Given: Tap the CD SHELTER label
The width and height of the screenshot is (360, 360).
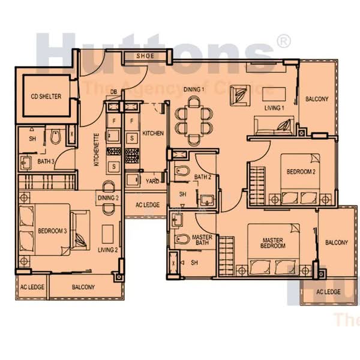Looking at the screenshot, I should [46, 97].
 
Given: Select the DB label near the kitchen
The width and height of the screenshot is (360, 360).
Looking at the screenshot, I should [113, 92].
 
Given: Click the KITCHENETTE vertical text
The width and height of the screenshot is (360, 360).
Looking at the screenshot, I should [96, 149].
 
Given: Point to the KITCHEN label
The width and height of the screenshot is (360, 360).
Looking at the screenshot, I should [153, 133].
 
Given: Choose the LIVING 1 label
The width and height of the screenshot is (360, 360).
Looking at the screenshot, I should [274, 108].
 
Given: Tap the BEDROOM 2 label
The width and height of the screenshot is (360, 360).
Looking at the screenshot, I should [301, 172].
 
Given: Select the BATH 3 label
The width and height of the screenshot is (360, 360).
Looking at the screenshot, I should [46, 161].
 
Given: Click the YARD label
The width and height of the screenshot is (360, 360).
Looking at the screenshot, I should [152, 180].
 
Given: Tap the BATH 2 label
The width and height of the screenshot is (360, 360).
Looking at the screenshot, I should [203, 177].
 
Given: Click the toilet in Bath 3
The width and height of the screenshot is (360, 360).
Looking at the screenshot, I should [55, 138].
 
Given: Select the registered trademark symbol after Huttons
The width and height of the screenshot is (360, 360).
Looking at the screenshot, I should [283, 41].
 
